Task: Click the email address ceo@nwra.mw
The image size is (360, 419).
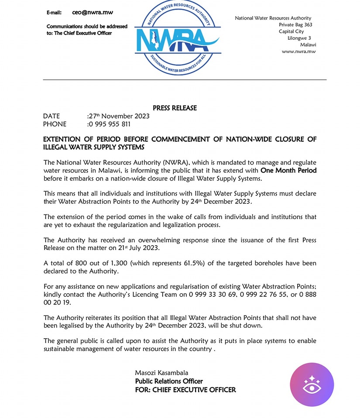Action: click(93, 13)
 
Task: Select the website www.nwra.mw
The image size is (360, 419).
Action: click(298, 52)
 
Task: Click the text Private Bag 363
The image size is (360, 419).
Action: click(295, 25)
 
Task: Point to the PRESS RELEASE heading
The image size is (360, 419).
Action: click(175, 108)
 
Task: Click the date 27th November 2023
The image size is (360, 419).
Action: click(119, 116)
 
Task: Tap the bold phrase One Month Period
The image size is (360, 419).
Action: click(288, 170)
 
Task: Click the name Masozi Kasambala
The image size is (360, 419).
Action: click(161, 373)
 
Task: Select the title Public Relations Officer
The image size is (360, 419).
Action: click(169, 381)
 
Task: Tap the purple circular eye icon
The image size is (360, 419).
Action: click(312, 385)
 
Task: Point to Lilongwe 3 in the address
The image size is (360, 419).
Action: click(299, 38)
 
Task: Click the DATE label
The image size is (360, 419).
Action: click(51, 116)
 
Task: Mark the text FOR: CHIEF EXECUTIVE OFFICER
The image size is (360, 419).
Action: click(185, 390)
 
